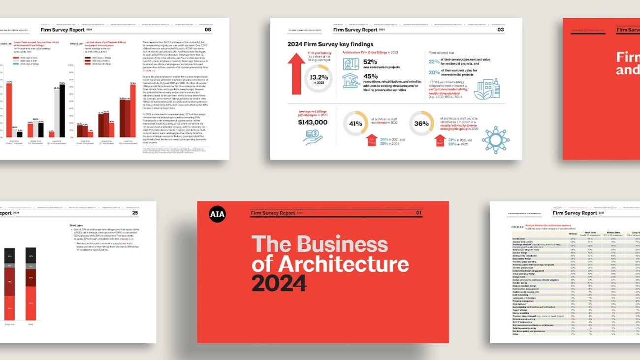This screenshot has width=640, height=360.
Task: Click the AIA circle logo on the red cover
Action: (217, 214)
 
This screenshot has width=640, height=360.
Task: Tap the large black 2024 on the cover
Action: (279, 283)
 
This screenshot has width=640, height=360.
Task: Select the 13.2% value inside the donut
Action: (318, 77)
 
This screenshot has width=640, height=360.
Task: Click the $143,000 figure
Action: (312, 122)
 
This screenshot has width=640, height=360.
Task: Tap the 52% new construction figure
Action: (370, 62)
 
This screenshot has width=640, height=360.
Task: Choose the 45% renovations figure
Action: (370, 76)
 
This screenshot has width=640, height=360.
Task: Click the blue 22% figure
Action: (434, 62)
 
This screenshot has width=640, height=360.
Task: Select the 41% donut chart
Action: (355, 123)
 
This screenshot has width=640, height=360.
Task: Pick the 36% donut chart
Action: (421, 123)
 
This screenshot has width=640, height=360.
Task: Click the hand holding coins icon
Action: (313, 136)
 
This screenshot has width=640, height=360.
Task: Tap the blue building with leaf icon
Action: (486, 89)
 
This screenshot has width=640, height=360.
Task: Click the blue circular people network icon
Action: (495, 139)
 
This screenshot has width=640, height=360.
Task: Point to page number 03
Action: (500, 30)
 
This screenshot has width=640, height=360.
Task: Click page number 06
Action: (208, 30)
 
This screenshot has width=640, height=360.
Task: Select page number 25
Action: (135, 213)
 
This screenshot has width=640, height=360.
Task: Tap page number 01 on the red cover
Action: (419, 213)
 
